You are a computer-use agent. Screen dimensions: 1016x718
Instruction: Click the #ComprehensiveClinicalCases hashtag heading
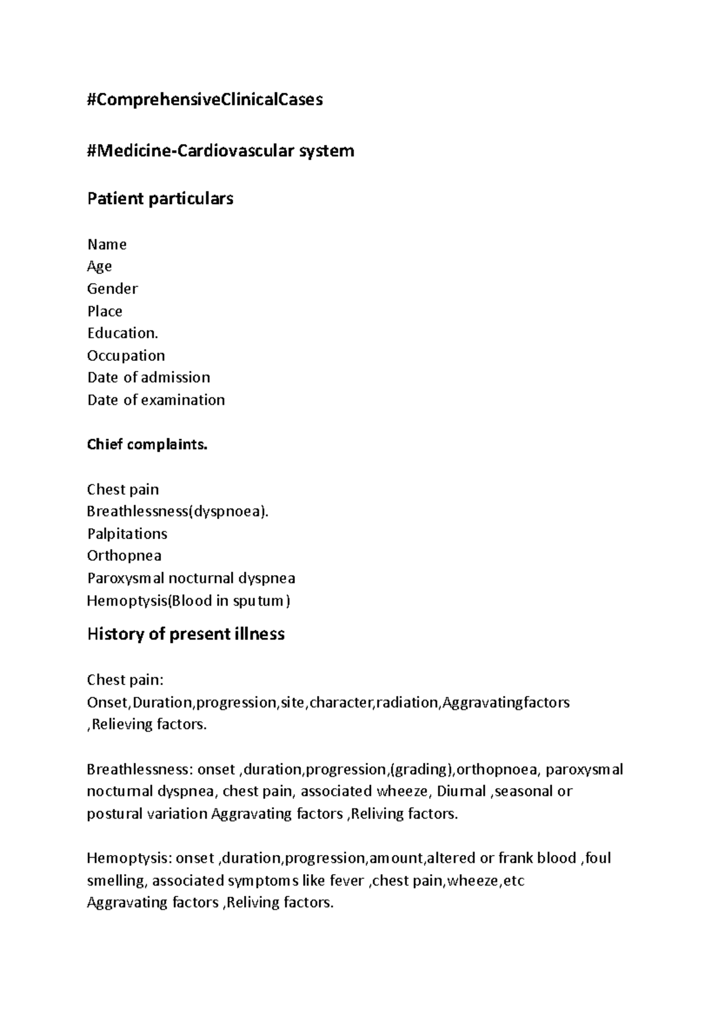click(205, 99)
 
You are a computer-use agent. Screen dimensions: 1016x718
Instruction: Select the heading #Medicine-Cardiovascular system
click(220, 151)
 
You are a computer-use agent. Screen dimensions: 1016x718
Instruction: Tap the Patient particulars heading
click(160, 199)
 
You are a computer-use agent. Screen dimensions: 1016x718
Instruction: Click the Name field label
click(107, 244)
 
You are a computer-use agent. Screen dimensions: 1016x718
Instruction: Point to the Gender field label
click(112, 289)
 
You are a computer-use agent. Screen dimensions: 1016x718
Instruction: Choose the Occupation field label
click(126, 356)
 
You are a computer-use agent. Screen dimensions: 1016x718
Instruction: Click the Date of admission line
click(148, 378)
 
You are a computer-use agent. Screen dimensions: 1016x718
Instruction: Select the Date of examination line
click(156, 400)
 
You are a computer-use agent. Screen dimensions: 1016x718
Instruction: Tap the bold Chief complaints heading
click(147, 445)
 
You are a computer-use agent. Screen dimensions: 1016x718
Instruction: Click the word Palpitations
click(127, 534)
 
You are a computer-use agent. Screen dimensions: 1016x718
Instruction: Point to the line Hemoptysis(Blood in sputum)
click(188, 601)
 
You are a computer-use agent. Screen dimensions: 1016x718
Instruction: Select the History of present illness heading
click(185, 634)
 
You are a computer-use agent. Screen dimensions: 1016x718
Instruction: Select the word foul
click(598, 859)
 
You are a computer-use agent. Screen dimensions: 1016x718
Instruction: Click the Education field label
click(123, 333)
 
